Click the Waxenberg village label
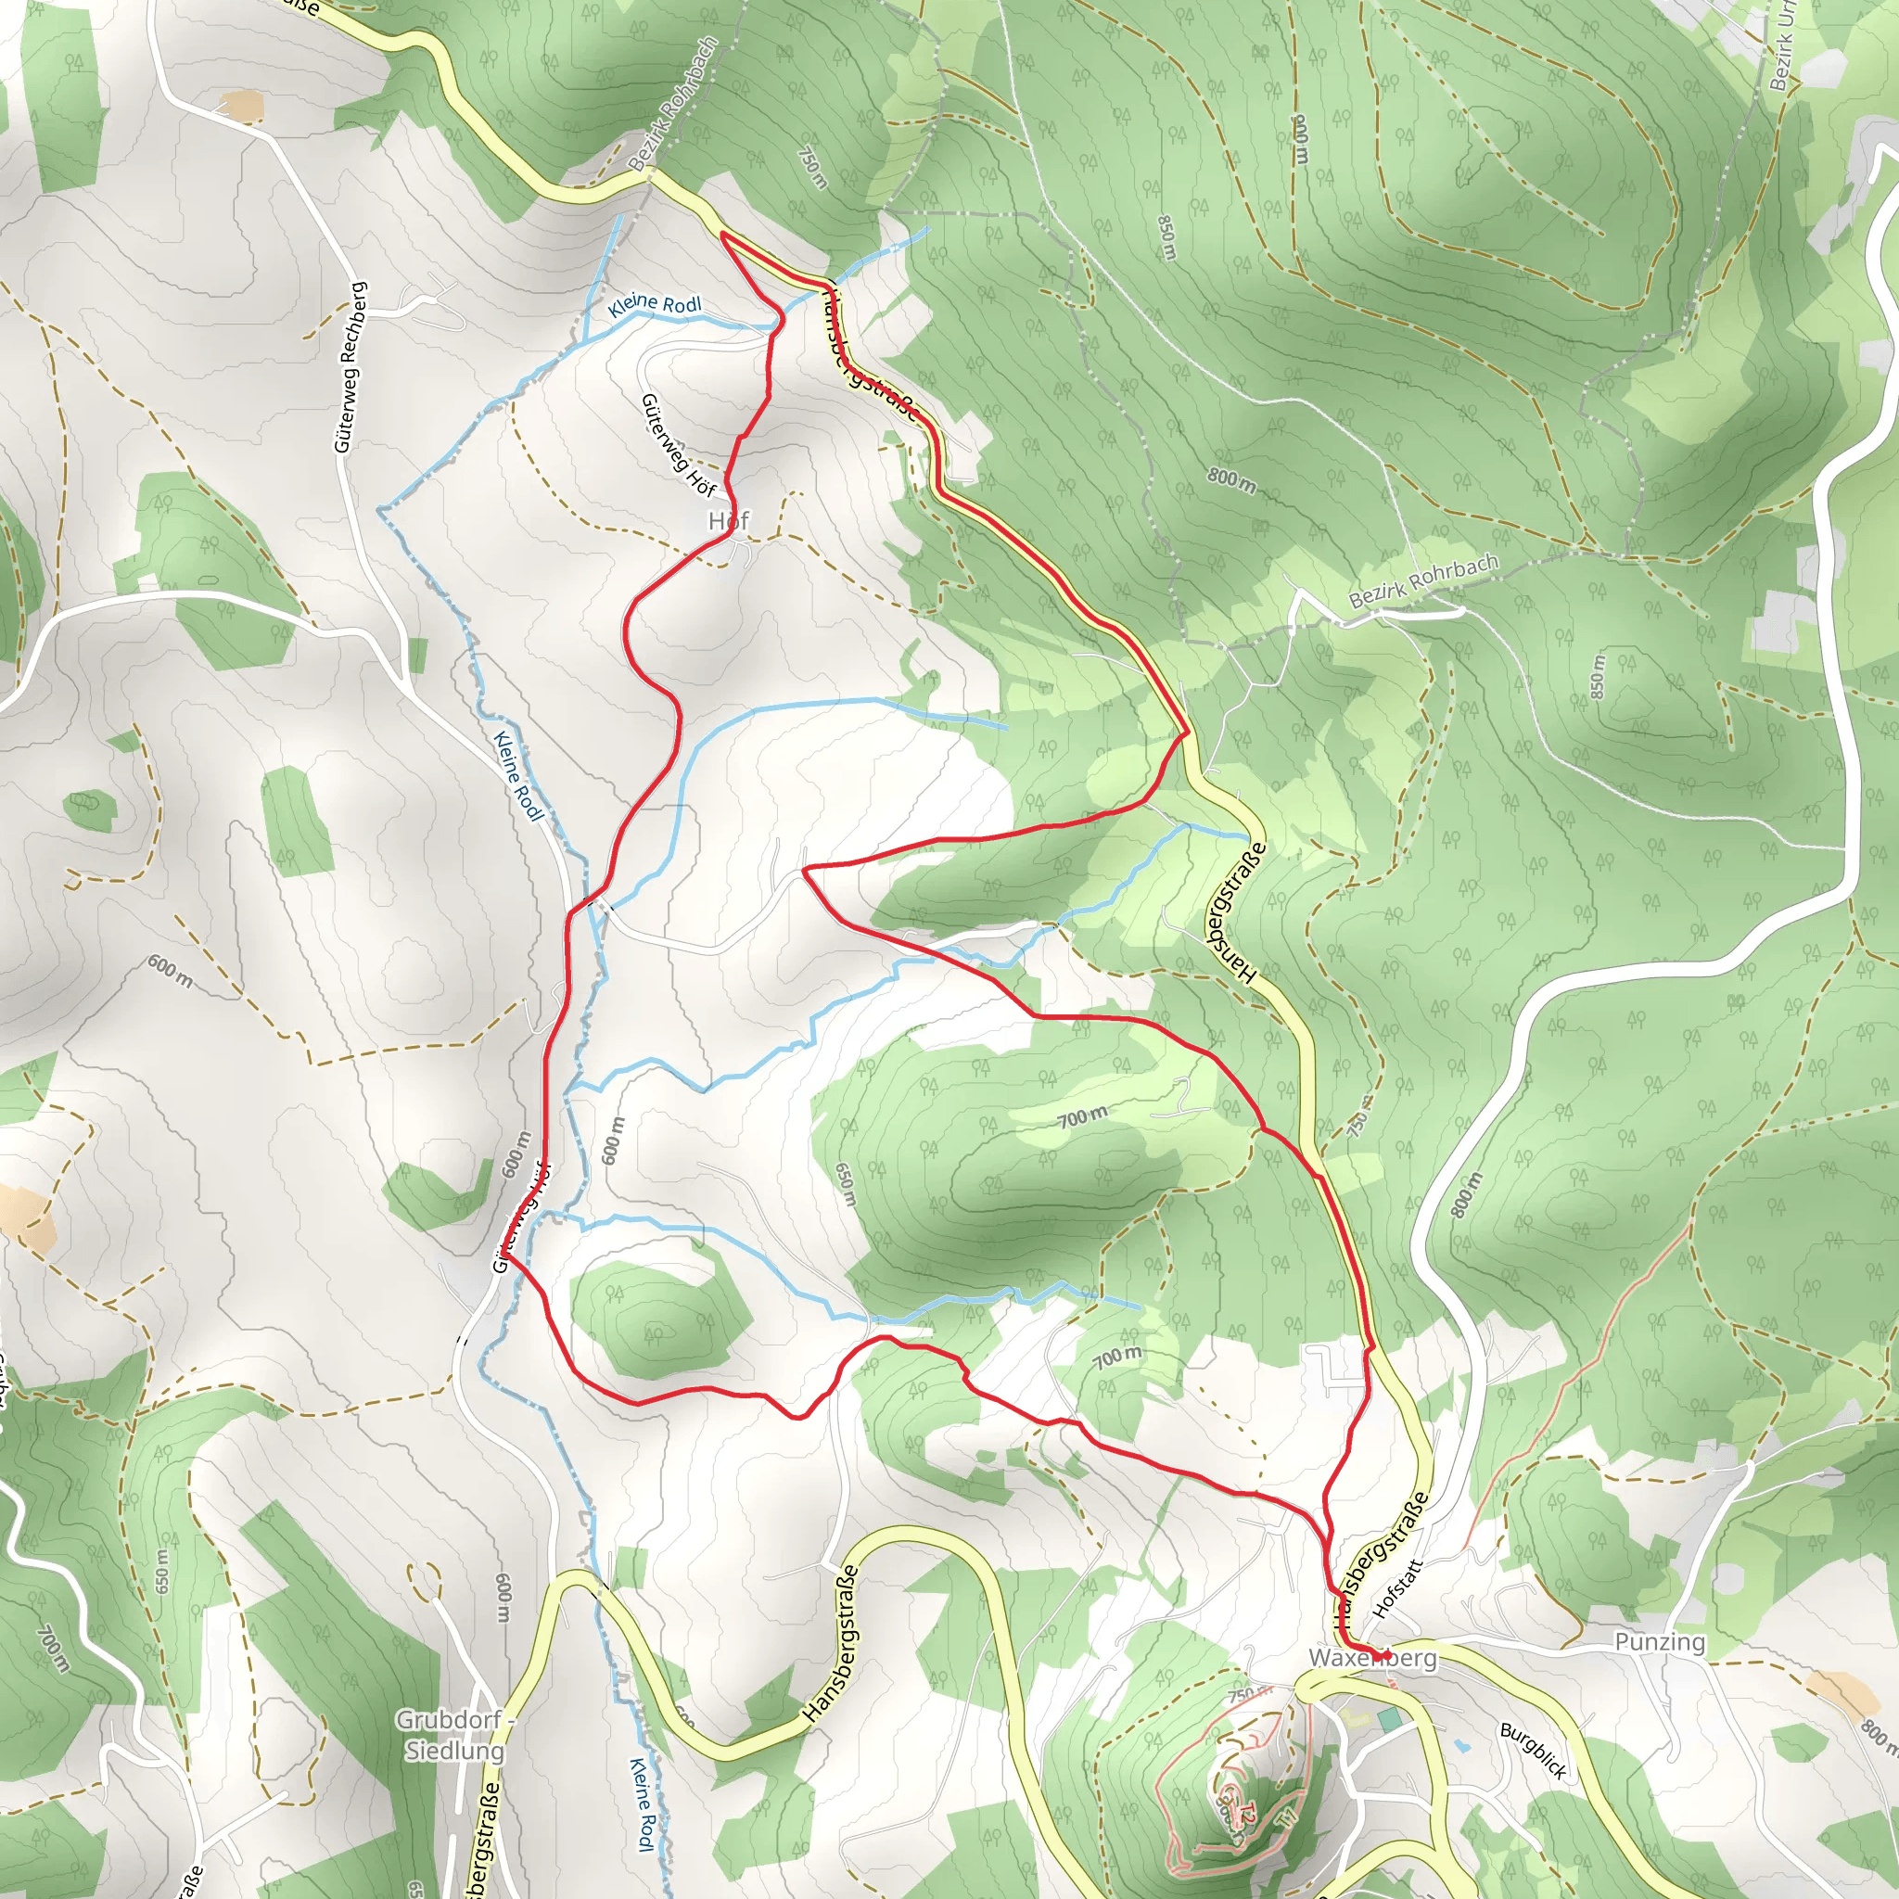(x=1372, y=1659)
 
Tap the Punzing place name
(x=1660, y=1642)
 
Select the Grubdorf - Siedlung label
(x=454, y=1735)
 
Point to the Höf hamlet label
(x=728, y=520)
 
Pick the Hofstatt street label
(x=1396, y=1589)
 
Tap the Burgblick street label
(x=1533, y=1751)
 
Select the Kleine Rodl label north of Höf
(x=655, y=305)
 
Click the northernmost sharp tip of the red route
(x=723, y=235)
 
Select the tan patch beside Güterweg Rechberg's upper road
(x=242, y=105)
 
